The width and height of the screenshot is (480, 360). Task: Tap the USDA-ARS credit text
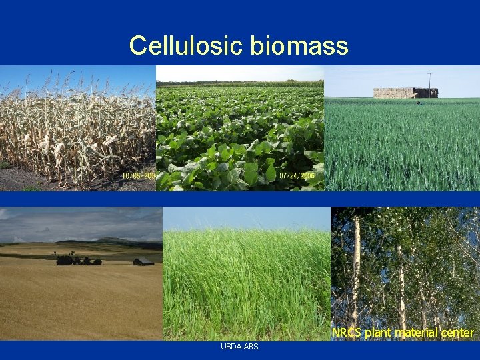click(239, 347)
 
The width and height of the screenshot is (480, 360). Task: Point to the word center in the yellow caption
click(457, 332)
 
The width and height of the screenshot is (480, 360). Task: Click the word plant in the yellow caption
click(378, 332)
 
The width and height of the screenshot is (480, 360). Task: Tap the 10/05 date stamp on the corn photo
click(139, 176)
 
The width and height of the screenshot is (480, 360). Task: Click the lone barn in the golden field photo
click(143, 261)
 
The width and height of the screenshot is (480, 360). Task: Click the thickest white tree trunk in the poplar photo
click(356, 267)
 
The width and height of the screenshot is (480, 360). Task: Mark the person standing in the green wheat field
click(417, 103)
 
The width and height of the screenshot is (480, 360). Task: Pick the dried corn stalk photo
click(77, 128)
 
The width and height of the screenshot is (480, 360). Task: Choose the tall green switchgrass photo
click(246, 280)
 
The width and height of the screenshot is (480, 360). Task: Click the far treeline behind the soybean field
click(240, 83)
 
